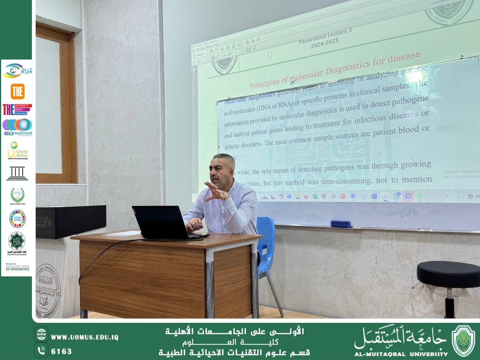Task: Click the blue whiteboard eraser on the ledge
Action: coord(340,224)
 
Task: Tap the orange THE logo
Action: coord(17,91)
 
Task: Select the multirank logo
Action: coord(17,127)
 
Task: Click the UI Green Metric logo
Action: coord(17,150)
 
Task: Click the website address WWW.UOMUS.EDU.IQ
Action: coord(84,337)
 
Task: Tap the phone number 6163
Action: coord(61,351)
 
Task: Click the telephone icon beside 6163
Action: coord(41,351)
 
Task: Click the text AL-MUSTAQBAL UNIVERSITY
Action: coord(401,354)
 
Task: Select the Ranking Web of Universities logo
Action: coord(17,267)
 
